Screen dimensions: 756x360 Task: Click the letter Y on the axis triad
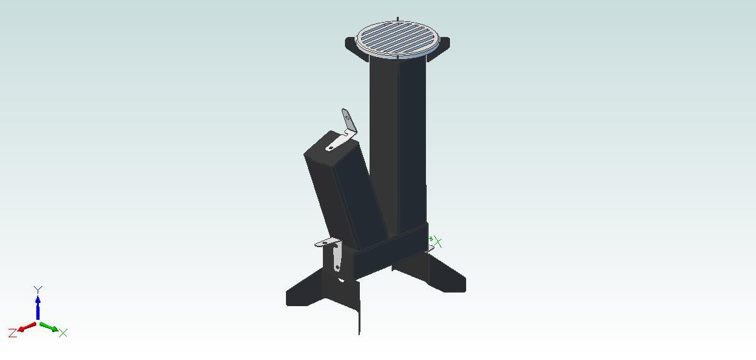coord(38,289)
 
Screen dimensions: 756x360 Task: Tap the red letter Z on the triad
coord(12,333)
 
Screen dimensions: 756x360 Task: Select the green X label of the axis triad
coord(63,333)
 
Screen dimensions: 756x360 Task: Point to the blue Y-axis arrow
coord(38,307)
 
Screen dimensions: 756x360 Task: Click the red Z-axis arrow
coord(27,327)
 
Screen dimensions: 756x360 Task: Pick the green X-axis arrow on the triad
coord(49,327)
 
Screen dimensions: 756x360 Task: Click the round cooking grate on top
coord(397,40)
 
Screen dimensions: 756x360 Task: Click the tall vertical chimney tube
coord(398,145)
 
